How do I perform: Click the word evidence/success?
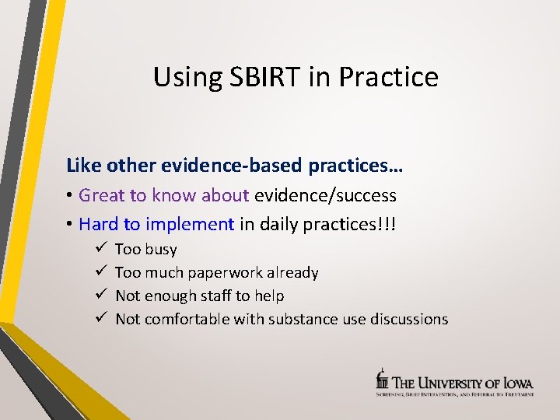pos(325,195)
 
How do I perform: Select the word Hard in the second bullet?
pos(98,225)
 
